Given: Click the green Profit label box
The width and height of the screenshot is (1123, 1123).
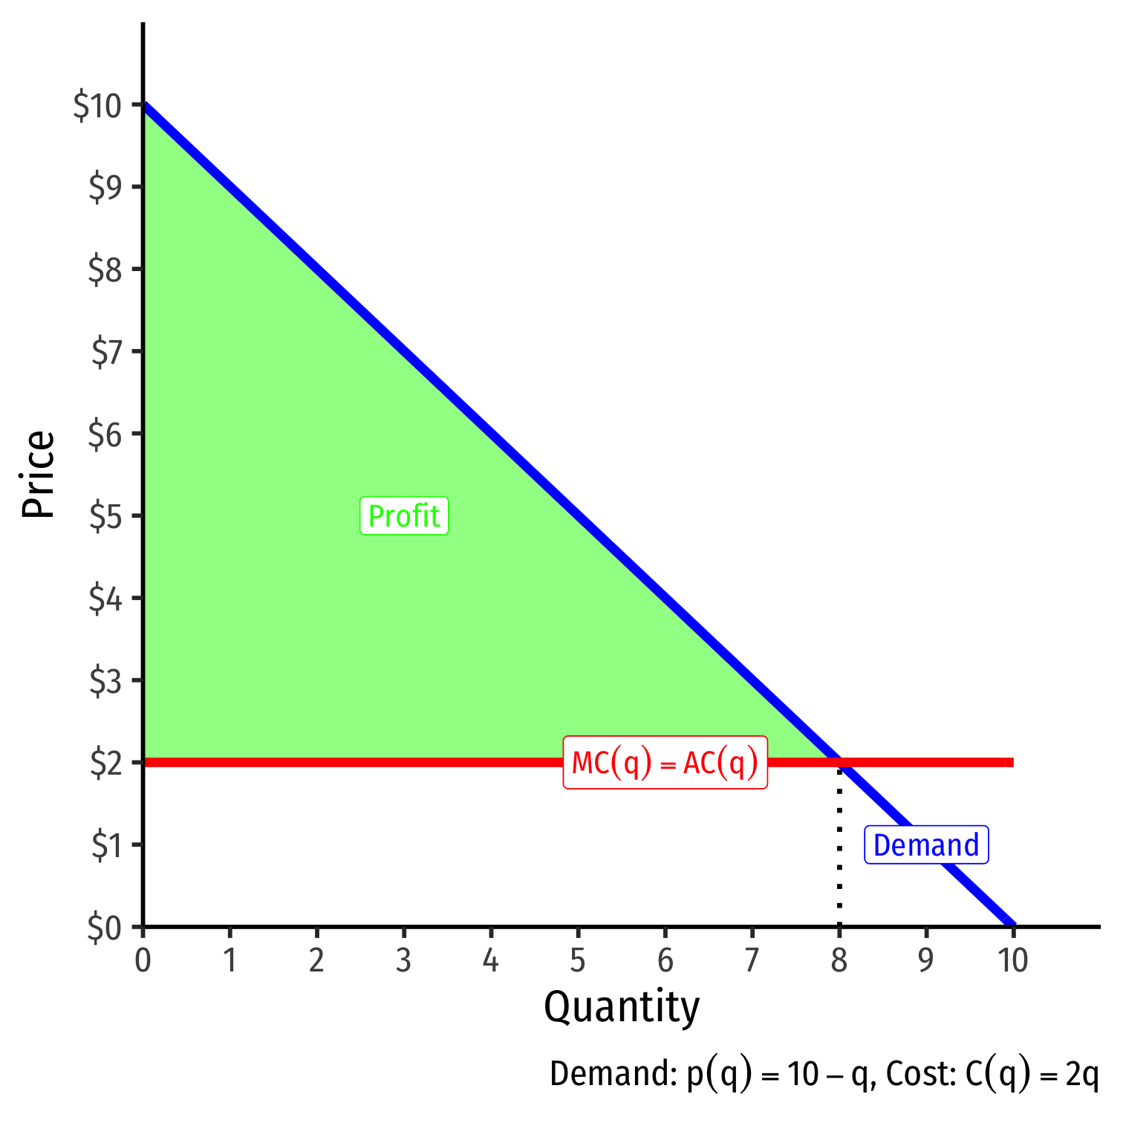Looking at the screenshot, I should coord(404,515).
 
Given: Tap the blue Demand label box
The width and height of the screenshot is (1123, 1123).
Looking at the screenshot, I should coord(926,845).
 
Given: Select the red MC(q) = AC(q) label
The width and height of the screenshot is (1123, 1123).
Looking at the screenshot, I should coord(665,762).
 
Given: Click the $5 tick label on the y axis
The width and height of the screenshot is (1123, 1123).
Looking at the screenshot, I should coord(105,516).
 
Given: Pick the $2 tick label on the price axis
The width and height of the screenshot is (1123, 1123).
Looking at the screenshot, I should coord(105,763).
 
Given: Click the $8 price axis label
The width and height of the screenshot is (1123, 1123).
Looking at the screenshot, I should coord(105,270).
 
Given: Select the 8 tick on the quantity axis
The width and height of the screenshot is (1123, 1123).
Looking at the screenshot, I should coord(839,960).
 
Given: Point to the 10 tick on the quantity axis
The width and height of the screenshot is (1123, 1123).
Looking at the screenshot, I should coord(1013,960).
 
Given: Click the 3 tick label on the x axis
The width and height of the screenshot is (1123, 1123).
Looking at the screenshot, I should coord(403,960).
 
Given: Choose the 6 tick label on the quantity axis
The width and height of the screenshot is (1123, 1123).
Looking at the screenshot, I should coord(665,960).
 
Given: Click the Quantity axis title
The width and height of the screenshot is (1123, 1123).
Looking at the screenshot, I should coord(622,1008).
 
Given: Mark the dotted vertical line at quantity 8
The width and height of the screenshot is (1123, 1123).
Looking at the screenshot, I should coord(839,847).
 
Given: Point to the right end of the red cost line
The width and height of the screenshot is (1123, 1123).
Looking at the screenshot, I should coord(1012,762).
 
